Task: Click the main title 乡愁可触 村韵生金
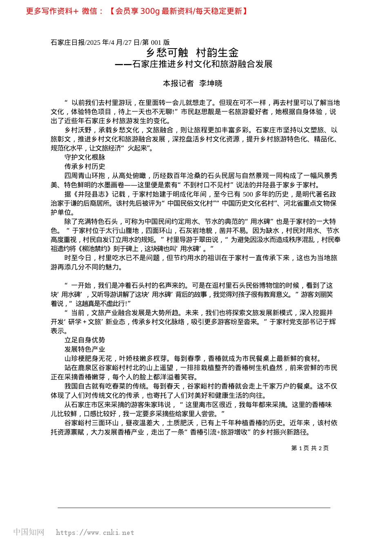192,53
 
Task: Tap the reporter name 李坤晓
211,84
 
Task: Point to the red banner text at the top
136,11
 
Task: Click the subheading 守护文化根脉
85,157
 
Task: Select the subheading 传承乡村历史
85,166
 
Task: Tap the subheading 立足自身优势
85,340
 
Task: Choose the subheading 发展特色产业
85,349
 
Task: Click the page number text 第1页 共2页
310,448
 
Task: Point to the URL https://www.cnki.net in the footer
95,533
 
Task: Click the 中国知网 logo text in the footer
29,532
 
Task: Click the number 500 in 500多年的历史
248,194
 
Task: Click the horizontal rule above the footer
194,508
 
